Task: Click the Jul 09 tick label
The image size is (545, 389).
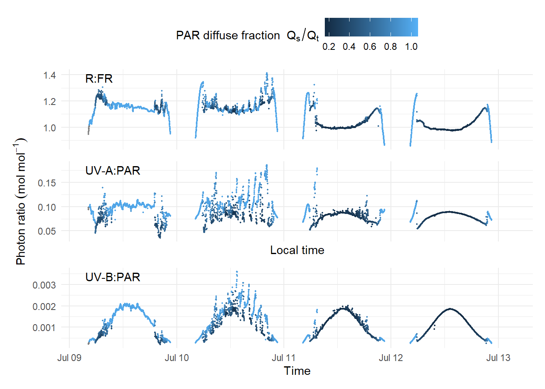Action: tap(69, 358)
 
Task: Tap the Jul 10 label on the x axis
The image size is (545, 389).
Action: tap(177, 358)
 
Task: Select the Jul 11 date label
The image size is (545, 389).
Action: tap(284, 358)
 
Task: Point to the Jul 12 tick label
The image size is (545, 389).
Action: tap(391, 358)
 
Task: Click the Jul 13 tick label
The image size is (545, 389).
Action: tap(498, 358)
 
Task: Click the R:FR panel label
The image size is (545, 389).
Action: tap(99, 78)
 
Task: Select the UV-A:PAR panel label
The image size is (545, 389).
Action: tap(113, 171)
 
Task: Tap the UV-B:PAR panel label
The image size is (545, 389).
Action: tap(113, 277)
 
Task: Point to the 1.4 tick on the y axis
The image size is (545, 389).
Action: tap(49, 75)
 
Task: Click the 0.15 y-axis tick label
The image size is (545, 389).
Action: tap(47, 183)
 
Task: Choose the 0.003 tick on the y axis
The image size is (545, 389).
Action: tap(44, 285)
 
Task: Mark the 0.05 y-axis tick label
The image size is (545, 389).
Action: tap(47, 231)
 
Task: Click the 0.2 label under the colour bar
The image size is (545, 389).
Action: tap(329, 47)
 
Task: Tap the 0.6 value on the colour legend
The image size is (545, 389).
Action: tap(370, 47)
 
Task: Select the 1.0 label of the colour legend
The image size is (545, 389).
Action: tap(411, 47)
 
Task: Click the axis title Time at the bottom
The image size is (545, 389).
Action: tap(297, 371)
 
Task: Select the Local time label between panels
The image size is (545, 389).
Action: tap(297, 250)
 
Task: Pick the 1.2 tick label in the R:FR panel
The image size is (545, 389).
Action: tap(49, 102)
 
